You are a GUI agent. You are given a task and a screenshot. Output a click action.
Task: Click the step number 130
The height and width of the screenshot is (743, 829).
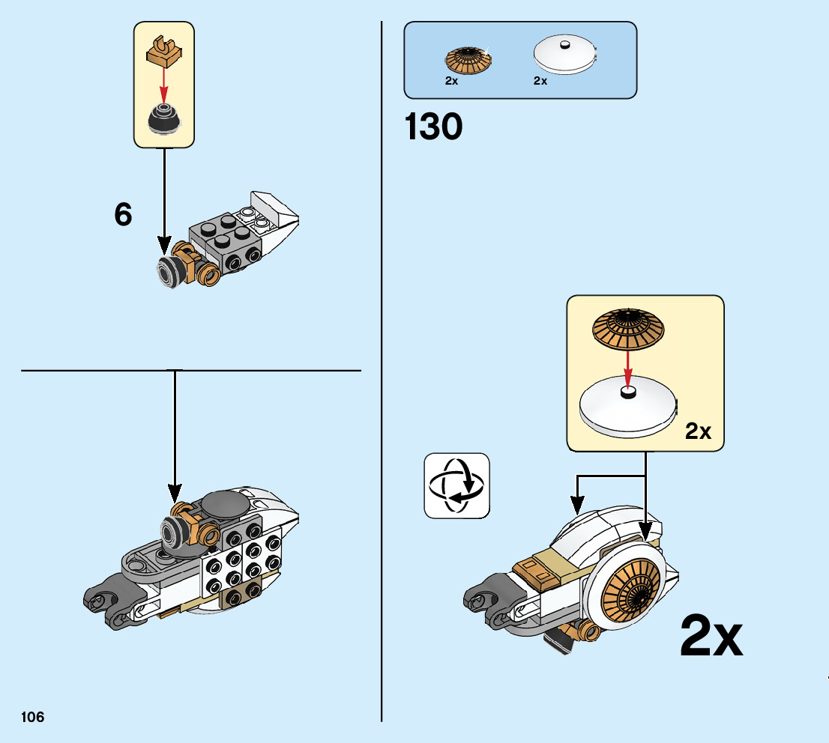[433, 127]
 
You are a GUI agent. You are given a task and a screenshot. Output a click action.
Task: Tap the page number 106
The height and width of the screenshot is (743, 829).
[33, 718]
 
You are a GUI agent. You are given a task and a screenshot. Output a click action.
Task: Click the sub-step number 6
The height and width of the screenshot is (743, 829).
[123, 216]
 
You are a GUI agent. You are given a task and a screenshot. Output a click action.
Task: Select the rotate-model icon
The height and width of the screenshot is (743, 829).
[456, 485]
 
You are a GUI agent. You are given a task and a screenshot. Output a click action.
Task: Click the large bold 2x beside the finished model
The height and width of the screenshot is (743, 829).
[711, 637]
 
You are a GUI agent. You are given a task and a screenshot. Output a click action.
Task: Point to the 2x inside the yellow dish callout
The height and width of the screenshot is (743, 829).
[698, 431]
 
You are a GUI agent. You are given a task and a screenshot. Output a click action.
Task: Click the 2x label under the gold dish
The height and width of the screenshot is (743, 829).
[451, 82]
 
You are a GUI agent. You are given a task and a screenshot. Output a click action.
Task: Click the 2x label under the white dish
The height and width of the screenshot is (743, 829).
[540, 82]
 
